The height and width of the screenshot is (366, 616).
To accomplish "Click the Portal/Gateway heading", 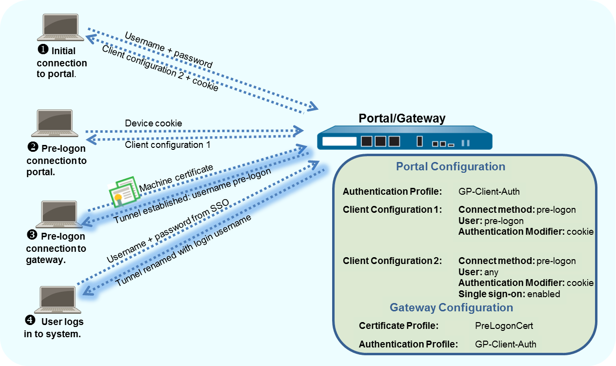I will (402, 118).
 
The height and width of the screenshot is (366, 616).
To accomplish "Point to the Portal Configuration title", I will (450, 166).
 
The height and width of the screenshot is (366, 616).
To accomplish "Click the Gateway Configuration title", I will (451, 307).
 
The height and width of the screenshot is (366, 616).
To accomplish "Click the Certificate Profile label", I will (398, 325).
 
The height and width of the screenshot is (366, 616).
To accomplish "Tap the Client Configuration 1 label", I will (392, 210).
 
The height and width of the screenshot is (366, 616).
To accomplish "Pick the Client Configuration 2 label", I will (392, 261).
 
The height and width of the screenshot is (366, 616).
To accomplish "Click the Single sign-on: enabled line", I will (509, 294).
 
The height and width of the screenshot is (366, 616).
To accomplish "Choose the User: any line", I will (478, 272).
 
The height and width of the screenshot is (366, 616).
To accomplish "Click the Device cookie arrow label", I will (153, 123).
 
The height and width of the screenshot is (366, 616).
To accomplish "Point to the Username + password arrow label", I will (168, 50).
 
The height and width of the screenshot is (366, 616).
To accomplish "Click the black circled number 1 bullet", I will (43, 50).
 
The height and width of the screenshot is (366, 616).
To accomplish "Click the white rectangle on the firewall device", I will (339, 142).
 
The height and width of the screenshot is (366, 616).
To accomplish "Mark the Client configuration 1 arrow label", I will (163, 145).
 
